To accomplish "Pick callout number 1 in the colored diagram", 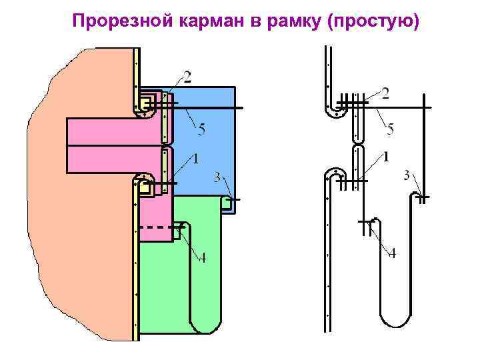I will point(195,159).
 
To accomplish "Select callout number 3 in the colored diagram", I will point(217,177).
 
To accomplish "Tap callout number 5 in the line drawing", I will point(391,129).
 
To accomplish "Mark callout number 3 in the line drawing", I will point(407,175).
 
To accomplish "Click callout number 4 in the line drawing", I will point(392,253).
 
